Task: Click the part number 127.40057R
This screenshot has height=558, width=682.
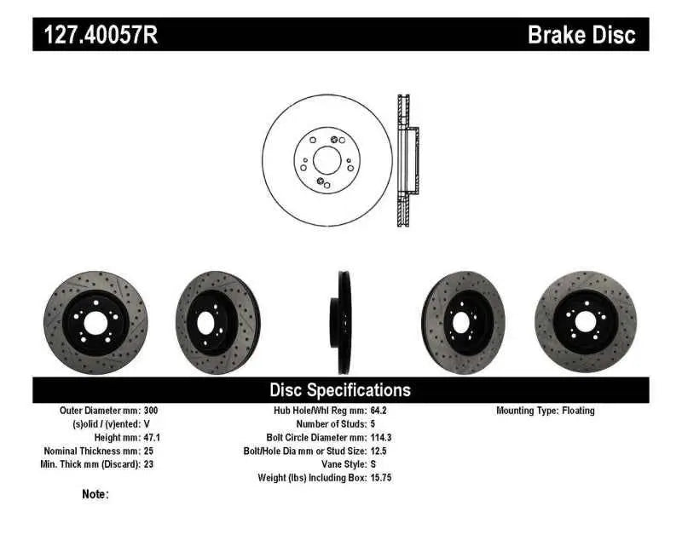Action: click(x=95, y=35)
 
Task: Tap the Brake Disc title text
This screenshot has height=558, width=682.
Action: click(x=581, y=35)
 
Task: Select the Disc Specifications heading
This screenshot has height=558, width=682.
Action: click(x=340, y=390)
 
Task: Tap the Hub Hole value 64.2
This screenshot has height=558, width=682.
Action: click(x=379, y=411)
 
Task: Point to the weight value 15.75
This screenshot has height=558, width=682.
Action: click(x=381, y=478)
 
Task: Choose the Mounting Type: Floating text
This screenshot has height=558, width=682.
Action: click(x=546, y=411)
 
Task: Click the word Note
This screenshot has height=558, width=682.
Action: click(x=95, y=494)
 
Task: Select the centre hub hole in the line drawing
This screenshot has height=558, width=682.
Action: click(x=325, y=159)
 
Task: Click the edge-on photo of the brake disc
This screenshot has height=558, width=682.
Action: click(x=342, y=323)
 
